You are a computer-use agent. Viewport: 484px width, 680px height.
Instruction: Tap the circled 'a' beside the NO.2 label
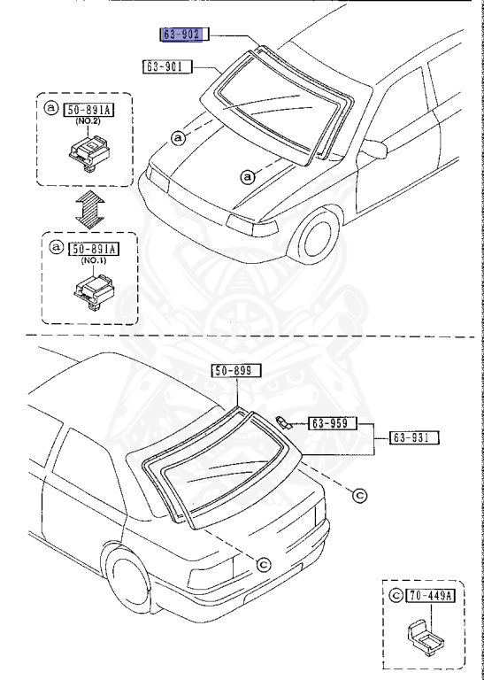pos(51,109)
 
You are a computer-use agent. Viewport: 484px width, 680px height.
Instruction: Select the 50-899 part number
pos(233,373)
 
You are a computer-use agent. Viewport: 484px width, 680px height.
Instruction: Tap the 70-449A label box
pos(430,595)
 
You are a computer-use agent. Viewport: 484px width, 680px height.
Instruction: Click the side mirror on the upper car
pos(373,150)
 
